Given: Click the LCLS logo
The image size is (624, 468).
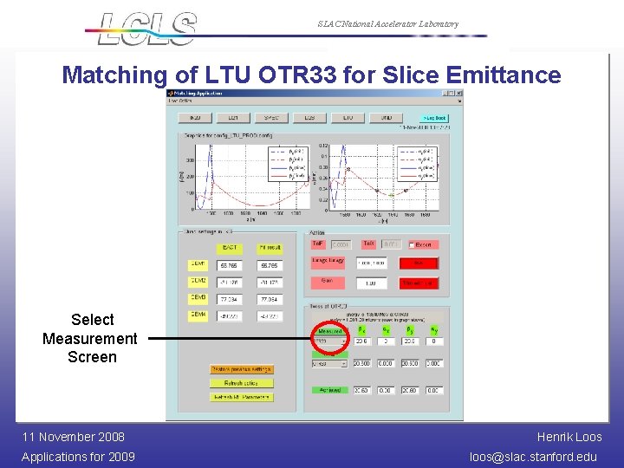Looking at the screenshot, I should (147, 28).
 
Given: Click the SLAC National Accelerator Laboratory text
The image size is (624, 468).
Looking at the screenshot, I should (387, 24).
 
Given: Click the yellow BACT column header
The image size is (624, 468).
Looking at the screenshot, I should (229, 249).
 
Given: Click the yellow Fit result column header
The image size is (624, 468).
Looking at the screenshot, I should (269, 249).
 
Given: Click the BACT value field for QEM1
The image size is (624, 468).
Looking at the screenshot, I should (229, 265).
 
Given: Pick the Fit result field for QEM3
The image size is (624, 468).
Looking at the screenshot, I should (269, 299).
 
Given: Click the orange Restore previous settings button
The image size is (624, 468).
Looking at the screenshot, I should (241, 369).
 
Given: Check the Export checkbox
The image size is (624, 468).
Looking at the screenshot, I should (412, 245).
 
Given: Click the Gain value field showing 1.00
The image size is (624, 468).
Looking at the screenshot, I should (370, 283).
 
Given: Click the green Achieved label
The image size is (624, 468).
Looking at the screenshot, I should (329, 391).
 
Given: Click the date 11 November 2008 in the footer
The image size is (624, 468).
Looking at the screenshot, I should (73, 437).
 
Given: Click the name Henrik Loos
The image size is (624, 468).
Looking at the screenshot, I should (569, 437).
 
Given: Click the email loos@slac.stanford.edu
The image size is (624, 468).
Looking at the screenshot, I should (533, 457).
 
